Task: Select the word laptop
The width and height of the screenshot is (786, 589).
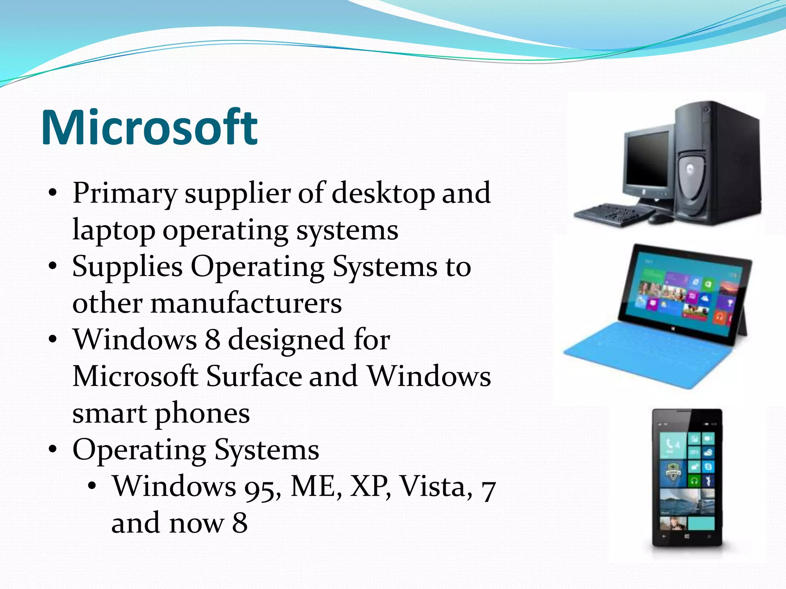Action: (x=114, y=230)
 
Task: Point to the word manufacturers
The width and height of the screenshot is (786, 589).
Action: (x=246, y=303)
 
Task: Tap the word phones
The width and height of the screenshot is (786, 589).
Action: (x=202, y=414)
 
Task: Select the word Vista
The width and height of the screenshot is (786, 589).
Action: (x=436, y=487)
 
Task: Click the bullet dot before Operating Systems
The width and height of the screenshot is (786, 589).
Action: (x=53, y=448)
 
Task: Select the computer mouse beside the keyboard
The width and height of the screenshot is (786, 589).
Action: (x=660, y=219)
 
